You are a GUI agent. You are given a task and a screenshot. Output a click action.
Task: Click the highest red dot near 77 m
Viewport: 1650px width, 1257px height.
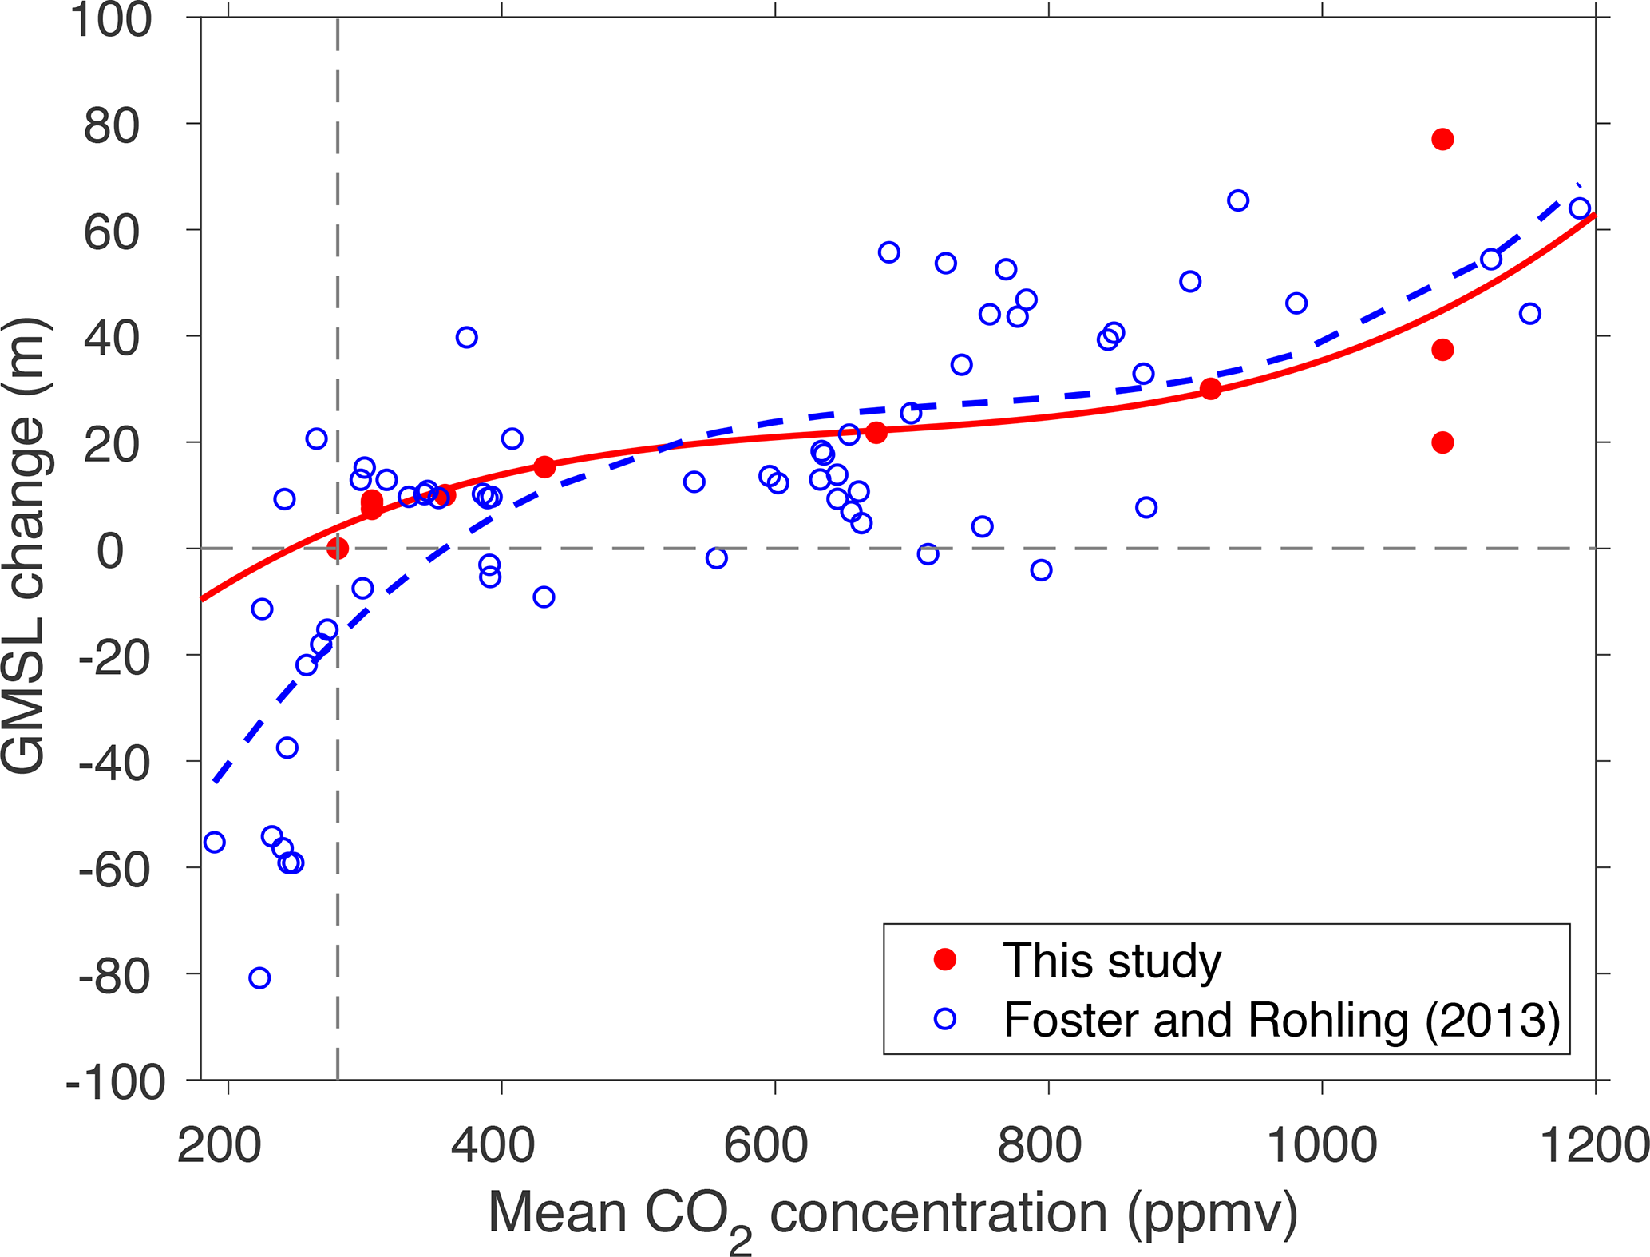tap(1442, 140)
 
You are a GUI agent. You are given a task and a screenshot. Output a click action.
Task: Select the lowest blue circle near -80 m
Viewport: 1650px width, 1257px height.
tap(259, 977)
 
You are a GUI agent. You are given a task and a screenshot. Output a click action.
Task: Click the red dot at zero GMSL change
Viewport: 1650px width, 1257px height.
tap(338, 548)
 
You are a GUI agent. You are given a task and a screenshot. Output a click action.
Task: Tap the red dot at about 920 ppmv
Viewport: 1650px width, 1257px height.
tap(1210, 389)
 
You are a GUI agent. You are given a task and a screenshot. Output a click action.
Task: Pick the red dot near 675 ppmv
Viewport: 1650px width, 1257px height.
tap(876, 432)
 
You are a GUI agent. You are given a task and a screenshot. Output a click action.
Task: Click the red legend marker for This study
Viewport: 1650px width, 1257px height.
tap(945, 960)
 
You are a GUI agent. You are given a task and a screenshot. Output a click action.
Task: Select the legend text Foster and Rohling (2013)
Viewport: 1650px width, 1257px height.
tap(1281, 1020)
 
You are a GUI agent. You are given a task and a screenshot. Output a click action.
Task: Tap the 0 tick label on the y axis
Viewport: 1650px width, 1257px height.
tap(112, 551)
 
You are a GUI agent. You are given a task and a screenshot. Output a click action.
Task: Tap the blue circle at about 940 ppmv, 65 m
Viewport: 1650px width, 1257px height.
tap(1237, 200)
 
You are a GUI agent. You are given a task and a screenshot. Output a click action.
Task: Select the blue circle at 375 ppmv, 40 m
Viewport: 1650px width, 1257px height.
tap(467, 337)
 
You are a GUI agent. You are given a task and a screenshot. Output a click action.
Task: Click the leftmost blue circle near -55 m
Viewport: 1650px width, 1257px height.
tap(214, 842)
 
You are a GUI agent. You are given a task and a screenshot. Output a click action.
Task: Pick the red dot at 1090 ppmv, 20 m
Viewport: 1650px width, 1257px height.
tap(1442, 442)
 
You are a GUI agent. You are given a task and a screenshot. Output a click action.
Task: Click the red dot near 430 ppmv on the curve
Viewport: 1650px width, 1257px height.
tap(544, 467)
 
